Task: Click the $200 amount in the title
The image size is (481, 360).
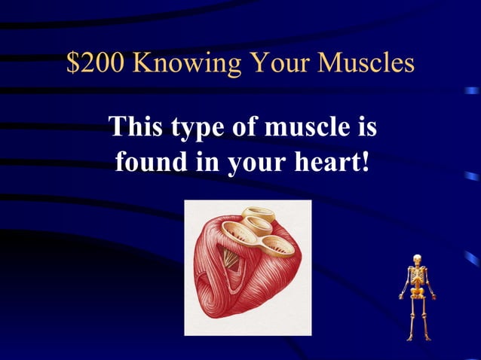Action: point(95,64)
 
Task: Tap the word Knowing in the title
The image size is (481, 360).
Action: point(184,64)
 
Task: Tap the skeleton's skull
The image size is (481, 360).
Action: point(415,261)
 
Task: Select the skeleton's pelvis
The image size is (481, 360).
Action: point(415,295)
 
